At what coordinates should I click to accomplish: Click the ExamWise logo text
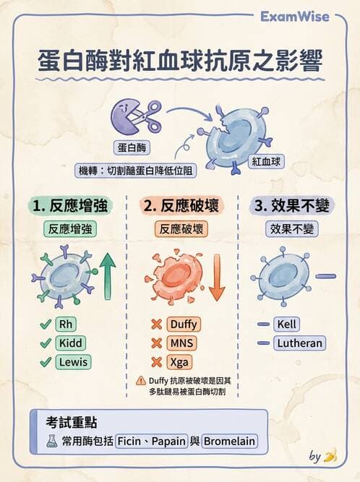(294, 17)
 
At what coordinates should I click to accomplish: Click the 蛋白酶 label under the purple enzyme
(132, 147)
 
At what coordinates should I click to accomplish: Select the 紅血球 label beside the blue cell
(266, 161)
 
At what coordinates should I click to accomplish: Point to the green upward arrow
(107, 276)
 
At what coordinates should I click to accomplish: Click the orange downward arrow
(217, 277)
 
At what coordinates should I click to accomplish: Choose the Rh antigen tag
(66, 324)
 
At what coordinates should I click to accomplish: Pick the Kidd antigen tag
(70, 343)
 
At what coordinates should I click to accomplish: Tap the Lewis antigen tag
(73, 362)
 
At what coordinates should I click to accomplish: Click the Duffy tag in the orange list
(184, 324)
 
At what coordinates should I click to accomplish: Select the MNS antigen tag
(181, 343)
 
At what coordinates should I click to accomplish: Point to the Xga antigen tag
(179, 362)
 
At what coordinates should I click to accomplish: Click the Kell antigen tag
(286, 324)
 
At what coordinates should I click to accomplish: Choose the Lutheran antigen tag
(300, 343)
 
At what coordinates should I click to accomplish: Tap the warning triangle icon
(141, 381)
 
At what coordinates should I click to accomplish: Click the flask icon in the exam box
(51, 441)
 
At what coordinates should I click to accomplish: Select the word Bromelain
(229, 441)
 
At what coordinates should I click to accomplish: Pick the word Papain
(168, 441)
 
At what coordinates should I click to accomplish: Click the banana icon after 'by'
(331, 456)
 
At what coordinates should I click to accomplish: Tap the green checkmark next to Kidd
(46, 343)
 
